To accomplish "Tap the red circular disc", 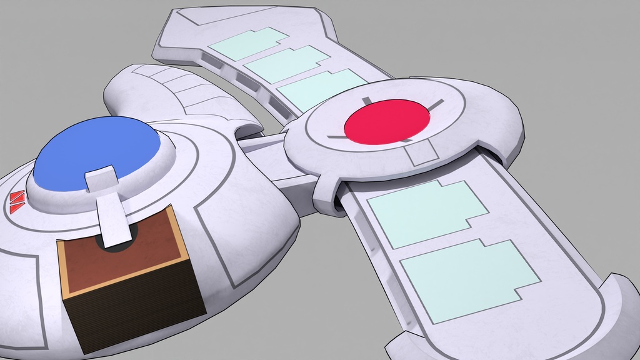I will pyautogui.click(x=387, y=121).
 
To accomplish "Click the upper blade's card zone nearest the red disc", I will pyautogui.click(x=322, y=87).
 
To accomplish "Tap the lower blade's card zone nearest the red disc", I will pyautogui.click(x=425, y=212).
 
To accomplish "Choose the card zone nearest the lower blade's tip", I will pyautogui.click(x=469, y=278).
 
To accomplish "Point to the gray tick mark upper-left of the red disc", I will pyautogui.click(x=366, y=101).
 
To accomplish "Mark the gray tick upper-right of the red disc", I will pyautogui.click(x=435, y=104).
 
